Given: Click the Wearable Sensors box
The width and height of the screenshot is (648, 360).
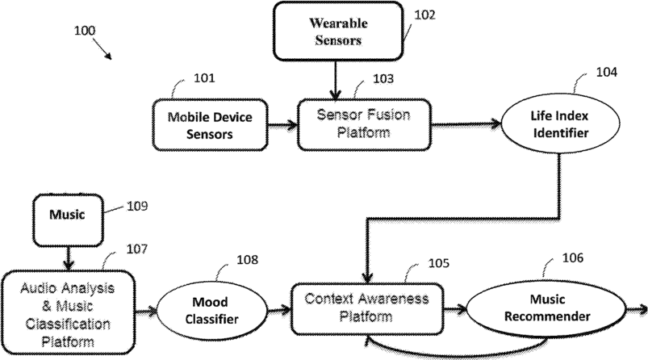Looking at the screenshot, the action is [x=338, y=31].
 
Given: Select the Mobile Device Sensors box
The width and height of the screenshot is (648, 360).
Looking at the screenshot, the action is [x=210, y=125].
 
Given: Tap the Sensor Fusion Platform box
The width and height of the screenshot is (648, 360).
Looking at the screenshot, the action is [x=364, y=124].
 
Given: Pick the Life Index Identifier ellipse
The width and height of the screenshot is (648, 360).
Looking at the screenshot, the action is [x=560, y=123].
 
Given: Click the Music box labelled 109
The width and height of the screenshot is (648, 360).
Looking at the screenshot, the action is [x=68, y=220].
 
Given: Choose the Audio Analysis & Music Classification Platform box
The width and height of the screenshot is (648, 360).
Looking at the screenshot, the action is [x=68, y=312].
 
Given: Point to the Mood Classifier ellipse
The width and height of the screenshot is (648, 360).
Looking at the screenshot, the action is [x=211, y=311].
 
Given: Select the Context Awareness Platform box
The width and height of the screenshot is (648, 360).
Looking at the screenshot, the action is [x=367, y=309].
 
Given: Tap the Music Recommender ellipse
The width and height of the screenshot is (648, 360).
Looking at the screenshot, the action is [x=547, y=308].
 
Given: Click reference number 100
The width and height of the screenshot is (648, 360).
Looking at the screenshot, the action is [x=85, y=31].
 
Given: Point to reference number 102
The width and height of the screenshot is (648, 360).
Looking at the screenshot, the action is [x=424, y=15].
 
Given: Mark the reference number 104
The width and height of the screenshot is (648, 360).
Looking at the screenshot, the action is [x=606, y=73].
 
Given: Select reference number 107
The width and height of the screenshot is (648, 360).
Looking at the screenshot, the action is [x=137, y=249].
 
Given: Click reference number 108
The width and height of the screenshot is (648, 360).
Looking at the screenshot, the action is [x=247, y=260].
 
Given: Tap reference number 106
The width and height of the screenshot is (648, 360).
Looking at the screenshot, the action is [x=573, y=258].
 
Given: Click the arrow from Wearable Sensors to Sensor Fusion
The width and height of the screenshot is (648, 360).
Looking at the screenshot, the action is [x=335, y=80].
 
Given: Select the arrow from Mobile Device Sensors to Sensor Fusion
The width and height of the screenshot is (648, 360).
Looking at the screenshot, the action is [x=282, y=124].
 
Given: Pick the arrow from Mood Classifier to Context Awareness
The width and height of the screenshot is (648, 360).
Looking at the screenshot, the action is [x=279, y=310].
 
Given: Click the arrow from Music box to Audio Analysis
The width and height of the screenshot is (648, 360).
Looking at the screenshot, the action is [x=68, y=258].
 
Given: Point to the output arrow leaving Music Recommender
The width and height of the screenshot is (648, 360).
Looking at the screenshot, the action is [x=637, y=309].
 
